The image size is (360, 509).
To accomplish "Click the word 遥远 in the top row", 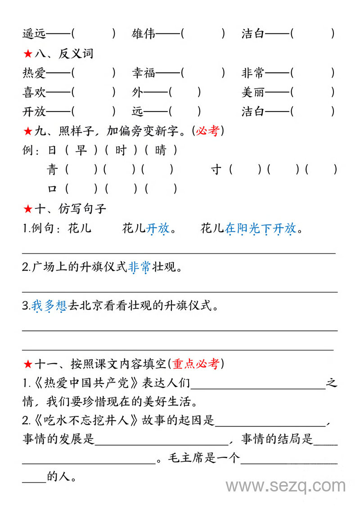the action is (x=34, y=33).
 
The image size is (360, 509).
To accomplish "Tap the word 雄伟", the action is (x=144, y=33).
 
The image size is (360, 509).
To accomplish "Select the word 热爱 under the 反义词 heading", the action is (x=34, y=73).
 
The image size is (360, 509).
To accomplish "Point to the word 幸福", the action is (x=144, y=73).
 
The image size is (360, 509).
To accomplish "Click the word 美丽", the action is (x=253, y=92).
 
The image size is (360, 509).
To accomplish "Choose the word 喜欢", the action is (x=34, y=92).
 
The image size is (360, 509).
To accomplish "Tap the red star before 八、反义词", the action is (x=27, y=54).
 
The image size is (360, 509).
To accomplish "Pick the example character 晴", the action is (x=161, y=150).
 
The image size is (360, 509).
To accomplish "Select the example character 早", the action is (x=81, y=150).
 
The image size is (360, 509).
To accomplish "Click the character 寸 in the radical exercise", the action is (x=216, y=170).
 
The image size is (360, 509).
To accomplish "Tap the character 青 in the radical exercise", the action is (x=53, y=170).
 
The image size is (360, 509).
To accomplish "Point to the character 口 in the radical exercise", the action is (x=53, y=189).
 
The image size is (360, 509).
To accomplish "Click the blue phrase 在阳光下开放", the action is (x=261, y=229).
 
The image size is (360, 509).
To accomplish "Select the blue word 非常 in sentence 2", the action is (x=139, y=268).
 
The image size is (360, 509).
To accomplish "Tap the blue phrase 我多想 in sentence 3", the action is (x=49, y=306).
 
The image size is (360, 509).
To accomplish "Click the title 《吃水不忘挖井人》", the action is (x=85, y=421).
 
